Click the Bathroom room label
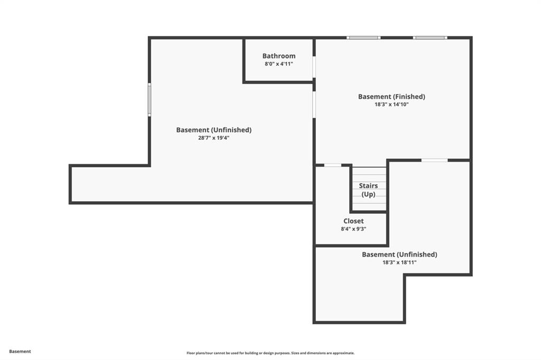point(279,56)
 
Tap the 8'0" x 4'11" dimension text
point(279,64)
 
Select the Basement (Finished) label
point(391,97)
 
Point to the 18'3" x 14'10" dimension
point(391,105)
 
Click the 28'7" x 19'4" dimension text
point(214,138)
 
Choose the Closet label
point(353,221)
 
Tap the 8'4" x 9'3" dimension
point(353,229)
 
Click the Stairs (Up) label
point(368,190)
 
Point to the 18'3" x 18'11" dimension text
point(399,262)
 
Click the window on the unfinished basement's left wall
point(150,100)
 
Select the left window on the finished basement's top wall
point(363,37)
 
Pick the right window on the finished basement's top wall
point(430,37)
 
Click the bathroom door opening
point(314,67)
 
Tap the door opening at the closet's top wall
point(333,165)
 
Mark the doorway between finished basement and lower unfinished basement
point(435,160)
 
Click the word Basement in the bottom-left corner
point(20,352)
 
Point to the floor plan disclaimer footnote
point(270,353)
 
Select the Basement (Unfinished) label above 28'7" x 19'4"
point(214,130)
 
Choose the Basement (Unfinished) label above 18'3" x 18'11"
point(399,254)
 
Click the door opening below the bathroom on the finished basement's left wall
point(314,105)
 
